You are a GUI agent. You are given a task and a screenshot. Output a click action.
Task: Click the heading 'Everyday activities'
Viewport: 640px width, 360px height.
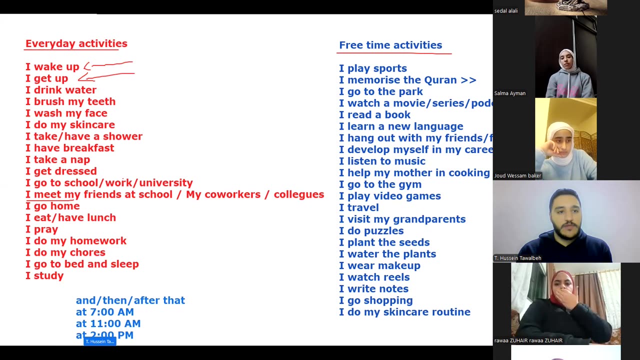[x=76, y=43]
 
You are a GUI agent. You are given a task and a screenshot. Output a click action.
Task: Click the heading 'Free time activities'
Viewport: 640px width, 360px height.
[x=390, y=45]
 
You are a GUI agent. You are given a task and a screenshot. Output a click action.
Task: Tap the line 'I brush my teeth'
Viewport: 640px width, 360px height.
[x=70, y=101]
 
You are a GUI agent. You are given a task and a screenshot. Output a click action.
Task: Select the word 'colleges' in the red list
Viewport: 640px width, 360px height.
[x=298, y=194]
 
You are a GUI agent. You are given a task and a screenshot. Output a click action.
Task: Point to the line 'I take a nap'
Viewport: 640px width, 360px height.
[x=57, y=159]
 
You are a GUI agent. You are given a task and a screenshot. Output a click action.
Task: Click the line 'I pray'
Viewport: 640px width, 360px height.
[x=41, y=229]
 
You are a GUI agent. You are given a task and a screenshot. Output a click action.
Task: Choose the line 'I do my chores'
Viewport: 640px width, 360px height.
[x=65, y=252]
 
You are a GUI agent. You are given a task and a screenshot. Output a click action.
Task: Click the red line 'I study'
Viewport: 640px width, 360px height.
[x=44, y=275]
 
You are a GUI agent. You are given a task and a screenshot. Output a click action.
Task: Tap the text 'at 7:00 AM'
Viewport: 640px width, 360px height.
[x=104, y=312]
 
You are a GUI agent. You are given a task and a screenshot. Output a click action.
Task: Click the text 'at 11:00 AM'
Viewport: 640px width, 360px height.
[x=108, y=323]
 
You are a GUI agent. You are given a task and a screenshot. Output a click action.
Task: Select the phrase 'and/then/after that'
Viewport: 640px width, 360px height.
[x=130, y=300]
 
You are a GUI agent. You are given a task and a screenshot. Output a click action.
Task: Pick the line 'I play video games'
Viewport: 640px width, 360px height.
[x=389, y=196]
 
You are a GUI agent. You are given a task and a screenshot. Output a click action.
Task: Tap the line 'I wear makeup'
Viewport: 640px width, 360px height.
[x=379, y=265]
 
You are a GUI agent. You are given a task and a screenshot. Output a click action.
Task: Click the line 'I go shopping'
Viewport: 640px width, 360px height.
[x=375, y=300]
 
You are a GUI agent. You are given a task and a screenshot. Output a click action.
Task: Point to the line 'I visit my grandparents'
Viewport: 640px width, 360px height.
[x=402, y=219]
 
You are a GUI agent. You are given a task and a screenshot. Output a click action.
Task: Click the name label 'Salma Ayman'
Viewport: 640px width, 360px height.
[x=509, y=93]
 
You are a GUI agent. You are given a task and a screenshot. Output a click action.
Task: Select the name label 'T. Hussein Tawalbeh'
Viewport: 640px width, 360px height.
[x=517, y=258]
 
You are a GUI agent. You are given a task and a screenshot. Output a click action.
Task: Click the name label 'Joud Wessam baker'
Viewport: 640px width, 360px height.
[x=517, y=175]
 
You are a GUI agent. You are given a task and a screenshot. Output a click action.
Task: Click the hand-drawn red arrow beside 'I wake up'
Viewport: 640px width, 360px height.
[x=110, y=64]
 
